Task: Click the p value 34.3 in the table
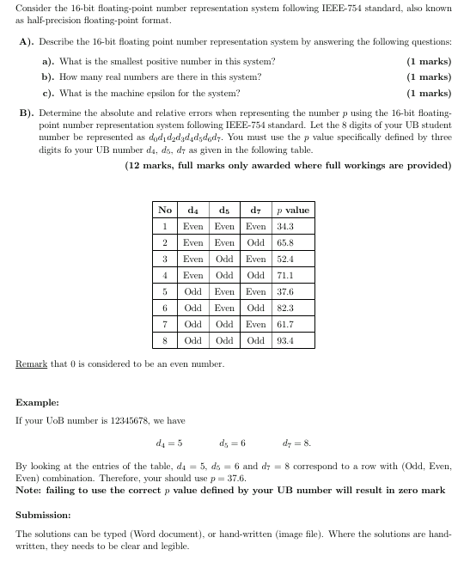click(285, 226)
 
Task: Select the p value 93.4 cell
click(285, 340)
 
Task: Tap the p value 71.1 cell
click(285, 275)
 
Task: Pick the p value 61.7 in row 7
click(285, 324)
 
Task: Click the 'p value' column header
click(292, 210)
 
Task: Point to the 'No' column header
click(165, 210)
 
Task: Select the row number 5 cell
click(165, 291)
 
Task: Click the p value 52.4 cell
click(285, 259)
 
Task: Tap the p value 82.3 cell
click(285, 308)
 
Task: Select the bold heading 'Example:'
click(37, 402)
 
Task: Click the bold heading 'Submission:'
click(45, 516)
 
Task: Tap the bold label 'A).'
click(27, 42)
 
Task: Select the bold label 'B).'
click(27, 112)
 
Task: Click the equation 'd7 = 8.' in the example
click(296, 443)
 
